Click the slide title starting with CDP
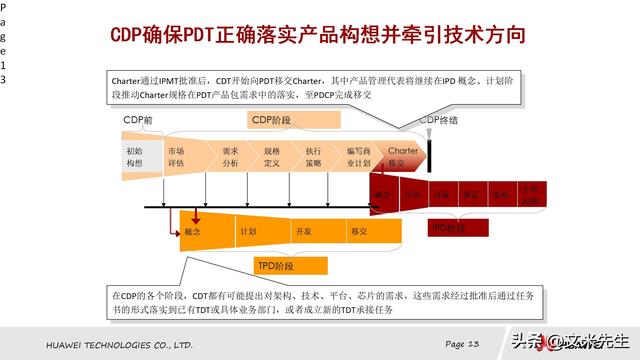click(317, 37)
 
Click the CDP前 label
click(138, 121)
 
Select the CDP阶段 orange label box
click(271, 121)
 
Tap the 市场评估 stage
click(177, 156)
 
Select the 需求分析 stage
click(230, 156)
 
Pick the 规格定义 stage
click(272, 156)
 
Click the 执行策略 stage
click(313, 156)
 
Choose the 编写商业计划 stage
click(358, 156)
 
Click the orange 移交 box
click(359, 231)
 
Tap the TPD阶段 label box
click(275, 265)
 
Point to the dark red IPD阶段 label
click(449, 228)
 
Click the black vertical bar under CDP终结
click(429, 151)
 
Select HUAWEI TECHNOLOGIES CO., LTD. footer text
click(119, 344)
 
